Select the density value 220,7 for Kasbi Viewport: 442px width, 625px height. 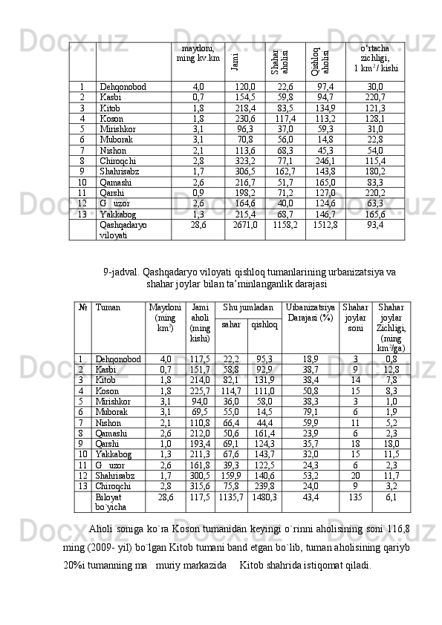click(x=375, y=97)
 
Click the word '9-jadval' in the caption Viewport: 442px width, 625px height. click(x=119, y=272)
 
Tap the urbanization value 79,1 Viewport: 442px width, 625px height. click(x=311, y=411)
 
